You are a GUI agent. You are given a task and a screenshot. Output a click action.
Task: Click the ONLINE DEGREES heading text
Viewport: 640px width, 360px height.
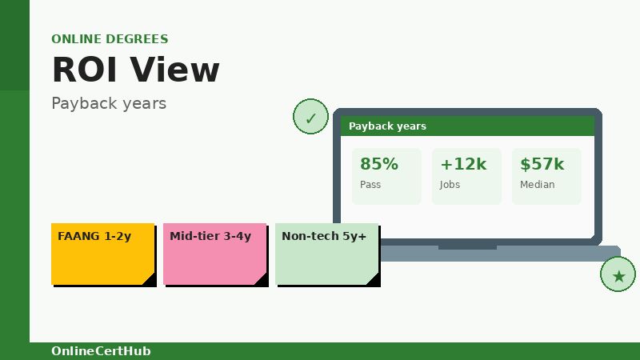pyautogui.click(x=110, y=39)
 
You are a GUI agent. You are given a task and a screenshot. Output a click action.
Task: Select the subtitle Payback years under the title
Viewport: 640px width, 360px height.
pyautogui.click(x=109, y=103)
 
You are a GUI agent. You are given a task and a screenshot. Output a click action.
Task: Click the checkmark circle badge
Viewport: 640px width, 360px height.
pyautogui.click(x=310, y=118)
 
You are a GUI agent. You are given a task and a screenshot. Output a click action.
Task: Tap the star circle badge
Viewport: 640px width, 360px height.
pyautogui.click(x=618, y=275)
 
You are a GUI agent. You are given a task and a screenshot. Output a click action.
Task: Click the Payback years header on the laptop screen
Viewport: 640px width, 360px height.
pyautogui.click(x=387, y=126)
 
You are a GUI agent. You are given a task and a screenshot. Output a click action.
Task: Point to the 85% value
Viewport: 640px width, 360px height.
pyautogui.click(x=378, y=164)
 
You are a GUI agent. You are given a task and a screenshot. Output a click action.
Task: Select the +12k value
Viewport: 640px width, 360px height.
pyautogui.click(x=462, y=164)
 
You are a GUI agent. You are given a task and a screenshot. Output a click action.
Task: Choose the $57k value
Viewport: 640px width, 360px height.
pyautogui.click(x=542, y=164)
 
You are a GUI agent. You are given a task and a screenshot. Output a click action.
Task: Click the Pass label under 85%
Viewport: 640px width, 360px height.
pyautogui.click(x=370, y=185)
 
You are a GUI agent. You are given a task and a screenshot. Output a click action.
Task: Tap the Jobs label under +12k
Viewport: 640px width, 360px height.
pyautogui.click(x=450, y=185)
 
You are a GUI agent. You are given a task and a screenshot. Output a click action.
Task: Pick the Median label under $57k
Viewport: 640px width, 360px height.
pyautogui.click(x=537, y=185)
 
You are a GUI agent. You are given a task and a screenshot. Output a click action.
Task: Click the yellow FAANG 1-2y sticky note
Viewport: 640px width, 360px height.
pyautogui.click(x=102, y=254)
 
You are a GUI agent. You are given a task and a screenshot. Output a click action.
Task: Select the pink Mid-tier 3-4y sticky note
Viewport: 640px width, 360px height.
pyautogui.click(x=214, y=254)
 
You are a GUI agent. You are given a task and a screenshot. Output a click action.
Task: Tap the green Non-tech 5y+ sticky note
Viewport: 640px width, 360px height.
pyautogui.click(x=326, y=254)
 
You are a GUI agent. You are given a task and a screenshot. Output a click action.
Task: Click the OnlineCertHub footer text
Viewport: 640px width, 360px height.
pyautogui.click(x=101, y=351)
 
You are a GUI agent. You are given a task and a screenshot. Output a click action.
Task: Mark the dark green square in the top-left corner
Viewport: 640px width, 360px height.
pyautogui.click(x=14, y=45)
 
